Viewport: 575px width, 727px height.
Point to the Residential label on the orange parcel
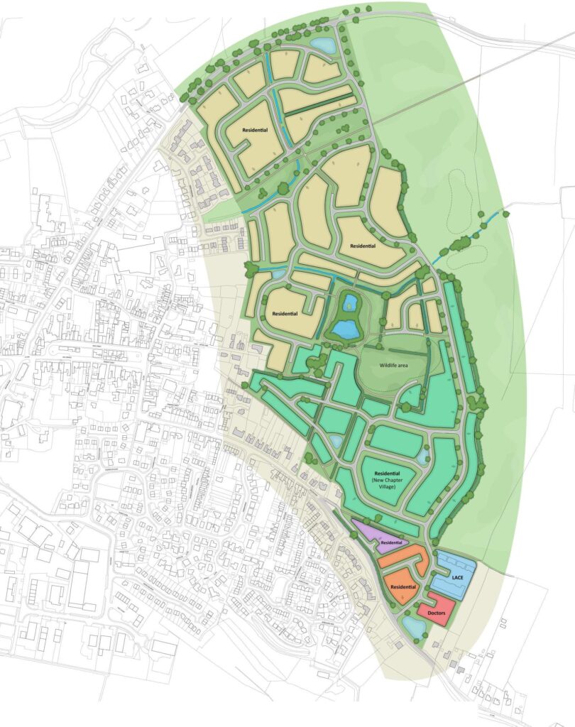pyautogui.click(x=402, y=587)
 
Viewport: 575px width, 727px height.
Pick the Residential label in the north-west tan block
pyautogui.click(x=255, y=131)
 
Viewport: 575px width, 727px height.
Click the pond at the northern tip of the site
pyautogui.click(x=324, y=45)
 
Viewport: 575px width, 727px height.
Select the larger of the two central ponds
pyautogui.click(x=346, y=329)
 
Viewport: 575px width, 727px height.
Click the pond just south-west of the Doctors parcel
pyautogui.click(x=413, y=625)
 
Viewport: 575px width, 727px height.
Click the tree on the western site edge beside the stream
pyautogui.click(x=251, y=269)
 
